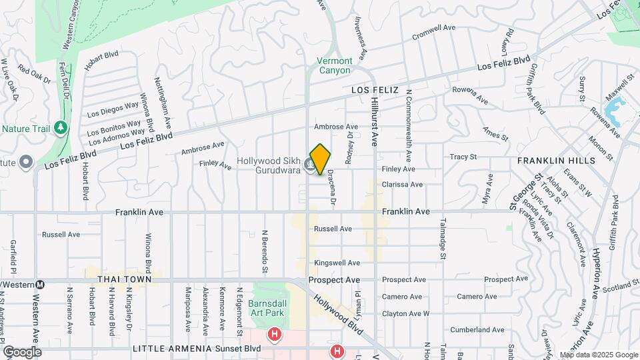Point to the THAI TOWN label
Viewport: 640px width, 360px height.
click(x=121, y=281)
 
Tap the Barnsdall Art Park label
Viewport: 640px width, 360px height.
click(x=267, y=307)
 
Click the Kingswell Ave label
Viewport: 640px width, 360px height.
click(x=337, y=263)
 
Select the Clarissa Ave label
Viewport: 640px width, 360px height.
click(x=402, y=185)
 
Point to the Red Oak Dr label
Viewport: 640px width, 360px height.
click(x=35, y=73)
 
